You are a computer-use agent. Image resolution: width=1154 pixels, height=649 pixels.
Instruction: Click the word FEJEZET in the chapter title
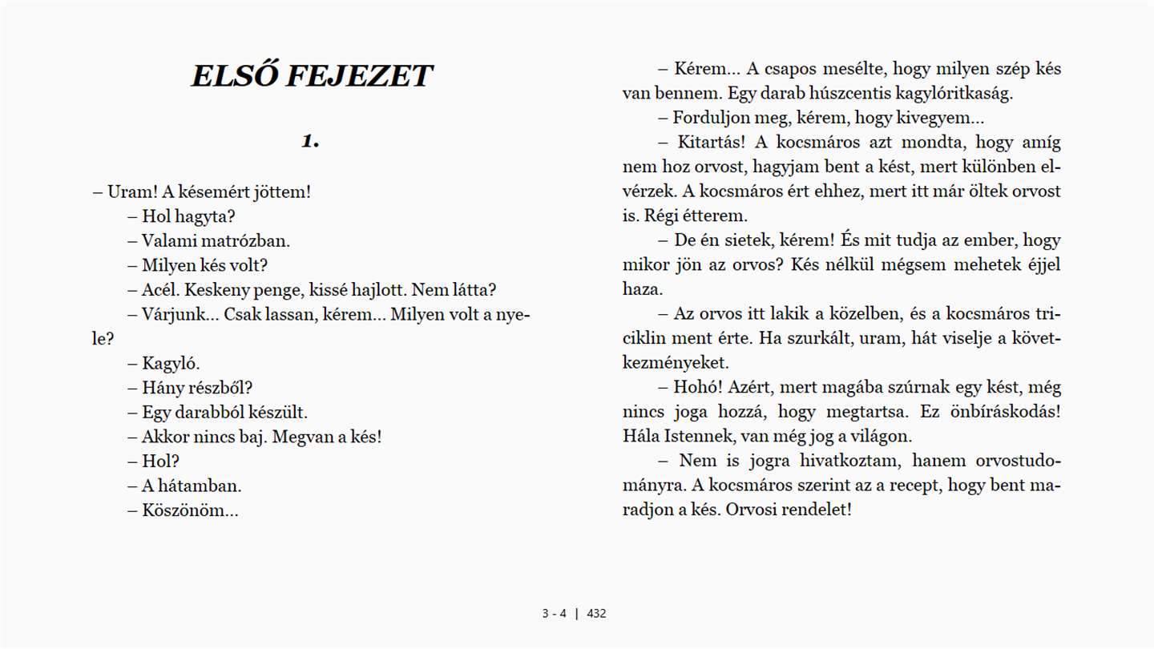point(359,76)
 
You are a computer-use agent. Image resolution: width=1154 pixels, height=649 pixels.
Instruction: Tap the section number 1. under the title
point(310,142)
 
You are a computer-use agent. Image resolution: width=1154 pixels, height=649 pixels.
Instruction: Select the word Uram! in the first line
point(132,192)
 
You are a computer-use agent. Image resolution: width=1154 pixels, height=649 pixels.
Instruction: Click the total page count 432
point(596,615)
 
